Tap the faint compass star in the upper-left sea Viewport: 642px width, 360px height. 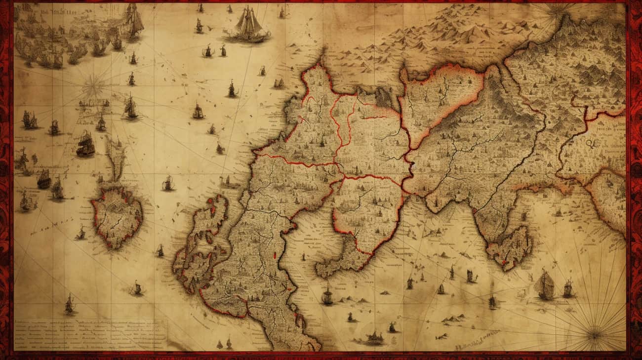click(x=93, y=86)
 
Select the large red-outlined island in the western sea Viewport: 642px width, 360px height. click(x=117, y=216)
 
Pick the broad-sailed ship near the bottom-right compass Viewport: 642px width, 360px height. click(x=545, y=285)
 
